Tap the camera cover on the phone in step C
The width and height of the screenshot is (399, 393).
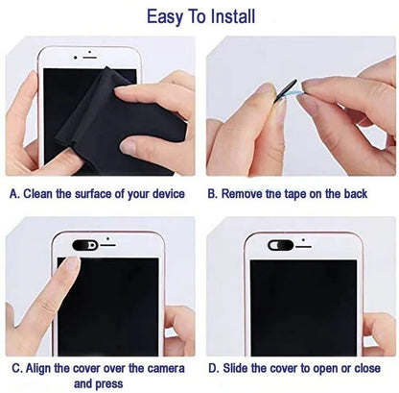(83, 244)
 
